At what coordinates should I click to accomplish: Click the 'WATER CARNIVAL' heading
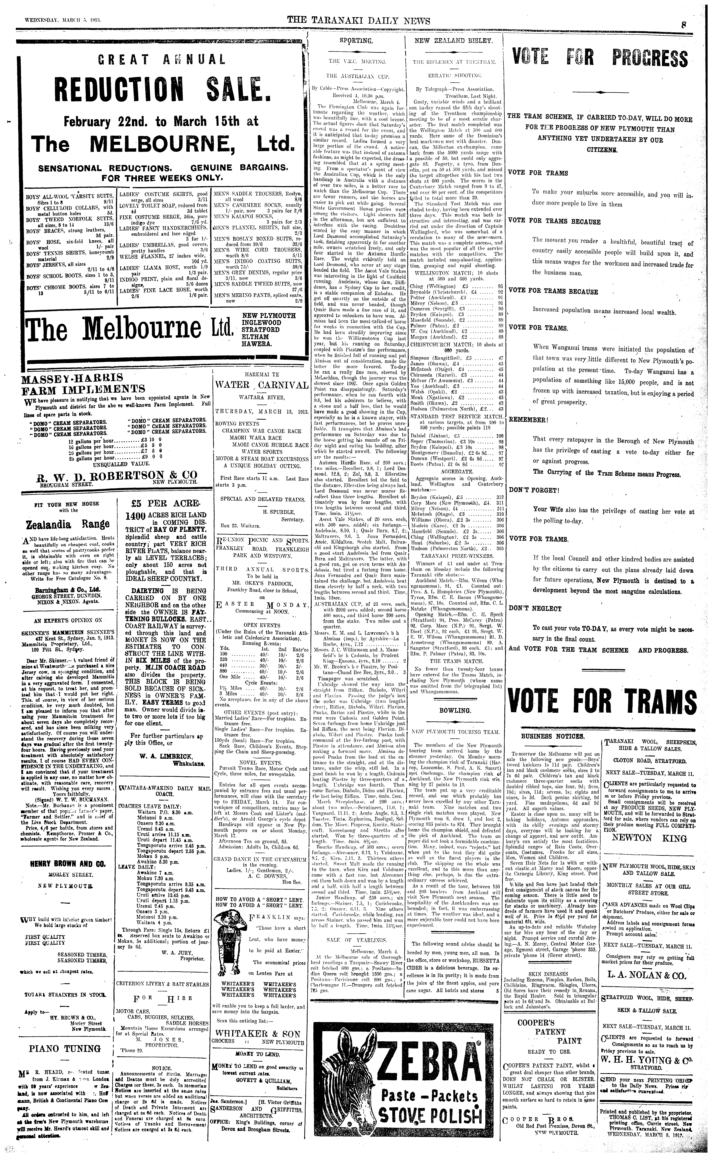[262, 385]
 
